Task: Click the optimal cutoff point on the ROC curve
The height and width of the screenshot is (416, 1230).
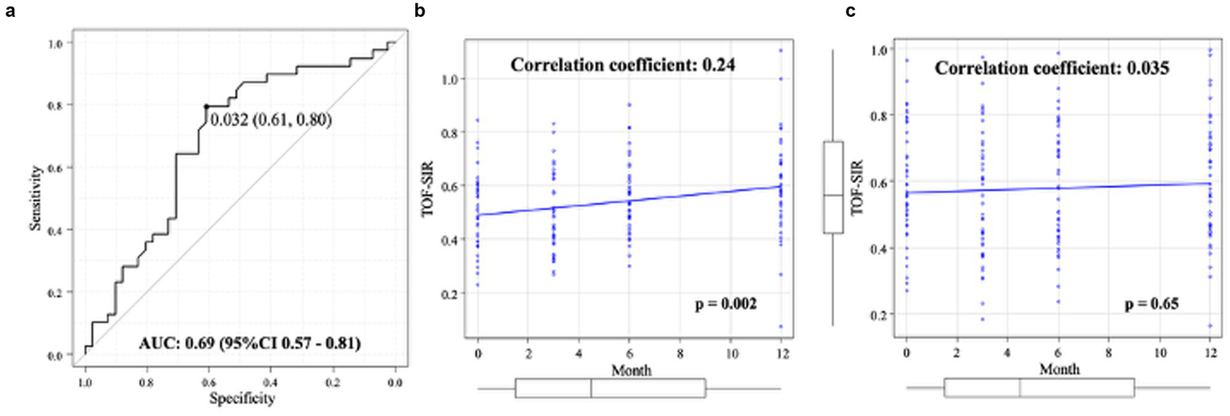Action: point(206,106)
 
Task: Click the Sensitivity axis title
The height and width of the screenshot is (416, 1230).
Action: point(35,198)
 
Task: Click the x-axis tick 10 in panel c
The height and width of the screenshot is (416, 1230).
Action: point(1160,353)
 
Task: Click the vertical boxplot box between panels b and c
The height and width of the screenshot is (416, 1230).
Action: point(833,188)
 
